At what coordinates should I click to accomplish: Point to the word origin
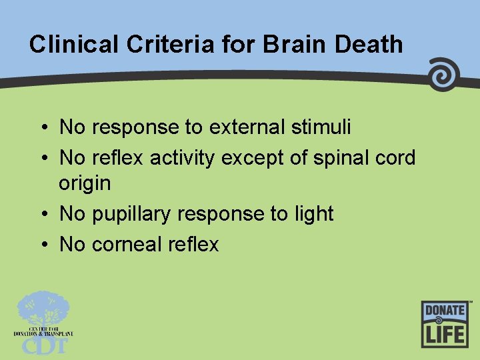[x=85, y=182]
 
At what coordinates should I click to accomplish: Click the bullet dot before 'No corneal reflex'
[x=43, y=245]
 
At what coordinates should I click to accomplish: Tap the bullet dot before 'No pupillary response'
[x=43, y=215]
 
